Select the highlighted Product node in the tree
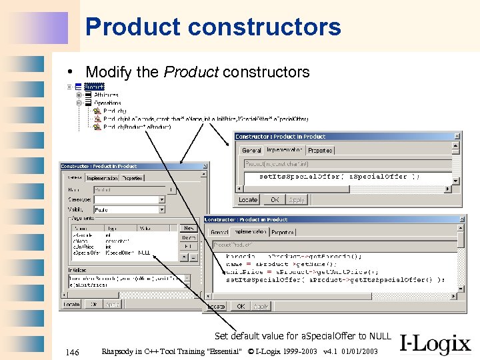tap(94, 87)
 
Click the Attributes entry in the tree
tap(106, 95)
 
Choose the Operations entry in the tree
tap(107, 103)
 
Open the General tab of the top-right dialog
tap(251, 151)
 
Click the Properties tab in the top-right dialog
tap(320, 151)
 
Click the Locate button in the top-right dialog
tap(248, 200)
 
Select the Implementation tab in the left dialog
tap(102, 179)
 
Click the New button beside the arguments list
tap(189, 228)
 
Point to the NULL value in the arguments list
tap(144, 253)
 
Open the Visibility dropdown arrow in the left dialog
tap(161, 210)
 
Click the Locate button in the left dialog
tap(71, 304)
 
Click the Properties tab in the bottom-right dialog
tap(283, 233)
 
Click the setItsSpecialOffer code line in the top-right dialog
tap(339, 177)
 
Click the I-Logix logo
tap(435, 345)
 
